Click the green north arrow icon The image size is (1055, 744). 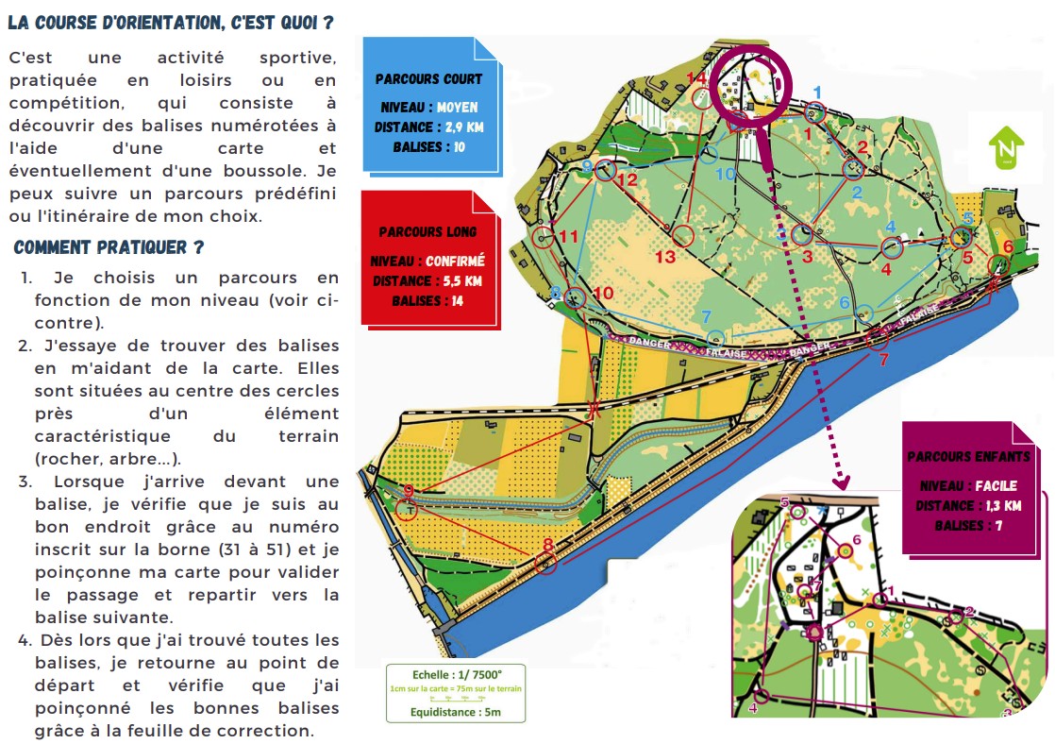point(1006,149)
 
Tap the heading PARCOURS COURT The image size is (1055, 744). point(428,79)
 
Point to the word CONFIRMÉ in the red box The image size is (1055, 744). point(455,261)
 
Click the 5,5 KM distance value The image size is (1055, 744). point(461,280)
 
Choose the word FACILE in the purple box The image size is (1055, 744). point(990,485)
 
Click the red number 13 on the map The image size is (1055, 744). point(665,257)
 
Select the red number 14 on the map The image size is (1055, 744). point(696,76)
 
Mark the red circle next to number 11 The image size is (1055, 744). point(544,237)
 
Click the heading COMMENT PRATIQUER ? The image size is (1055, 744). point(109,247)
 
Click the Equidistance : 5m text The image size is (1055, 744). point(454,713)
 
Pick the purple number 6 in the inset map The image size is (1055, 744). point(856,540)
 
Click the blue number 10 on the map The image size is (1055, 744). point(725,174)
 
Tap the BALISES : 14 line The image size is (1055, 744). point(429,301)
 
